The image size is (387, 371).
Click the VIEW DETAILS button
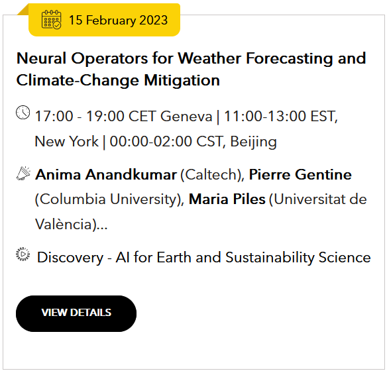[x=76, y=313]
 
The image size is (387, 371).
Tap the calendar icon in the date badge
[x=51, y=19]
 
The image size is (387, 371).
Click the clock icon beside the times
[x=23, y=113]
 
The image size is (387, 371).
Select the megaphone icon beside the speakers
[x=23, y=173]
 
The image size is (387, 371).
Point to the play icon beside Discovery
[x=23, y=254]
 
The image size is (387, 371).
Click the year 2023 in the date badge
[x=153, y=20]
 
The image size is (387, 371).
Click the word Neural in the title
[x=41, y=58]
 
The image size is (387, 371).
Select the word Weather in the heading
[x=209, y=58]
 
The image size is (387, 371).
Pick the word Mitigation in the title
[x=182, y=80]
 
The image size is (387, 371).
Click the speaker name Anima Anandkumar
[x=106, y=175]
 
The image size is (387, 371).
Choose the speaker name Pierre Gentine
[x=300, y=175]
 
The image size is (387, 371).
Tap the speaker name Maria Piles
[x=227, y=199]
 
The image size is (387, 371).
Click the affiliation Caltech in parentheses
[x=211, y=175]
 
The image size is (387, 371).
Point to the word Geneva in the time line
[x=186, y=116]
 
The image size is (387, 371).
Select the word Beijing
[x=254, y=142]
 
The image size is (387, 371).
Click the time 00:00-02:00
[x=151, y=142]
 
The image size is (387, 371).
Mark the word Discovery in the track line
[x=70, y=258]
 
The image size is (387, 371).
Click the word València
[x=64, y=224]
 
